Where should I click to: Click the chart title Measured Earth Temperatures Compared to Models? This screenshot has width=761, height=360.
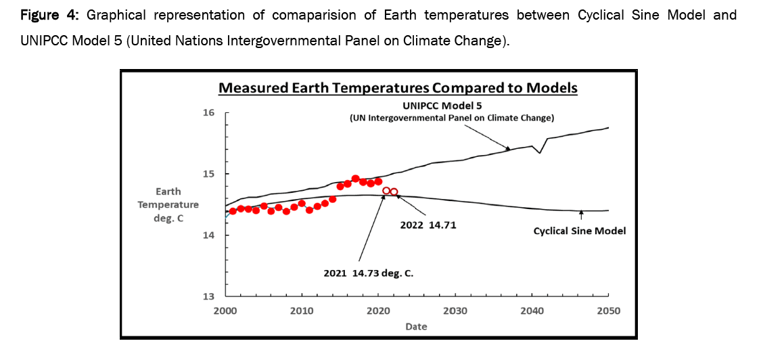coord(398,88)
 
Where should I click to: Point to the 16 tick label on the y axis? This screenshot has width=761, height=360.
coord(210,112)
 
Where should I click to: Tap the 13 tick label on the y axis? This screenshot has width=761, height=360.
coord(210,296)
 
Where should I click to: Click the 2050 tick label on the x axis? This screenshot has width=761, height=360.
coord(608,311)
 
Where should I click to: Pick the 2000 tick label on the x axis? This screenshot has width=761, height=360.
coord(225,311)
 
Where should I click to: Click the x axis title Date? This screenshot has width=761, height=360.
coord(416,326)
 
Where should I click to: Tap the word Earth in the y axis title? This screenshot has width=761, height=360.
coord(168,192)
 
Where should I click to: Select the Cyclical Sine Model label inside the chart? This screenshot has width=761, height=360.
coord(580,231)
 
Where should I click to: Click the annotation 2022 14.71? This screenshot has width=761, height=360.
coord(428,225)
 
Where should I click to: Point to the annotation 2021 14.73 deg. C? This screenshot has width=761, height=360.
coord(369,273)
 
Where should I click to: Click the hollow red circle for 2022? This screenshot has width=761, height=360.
coord(394,192)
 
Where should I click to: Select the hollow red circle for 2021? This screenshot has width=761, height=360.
coord(386,191)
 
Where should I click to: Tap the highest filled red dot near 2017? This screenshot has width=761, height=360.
coord(356,179)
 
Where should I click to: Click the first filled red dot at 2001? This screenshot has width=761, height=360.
coord(233,211)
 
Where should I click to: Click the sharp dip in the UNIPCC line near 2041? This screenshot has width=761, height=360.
coord(539,153)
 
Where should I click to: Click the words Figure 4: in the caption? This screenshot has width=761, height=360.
coord(43,14)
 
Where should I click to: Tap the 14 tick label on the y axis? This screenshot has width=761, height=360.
coord(210,235)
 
